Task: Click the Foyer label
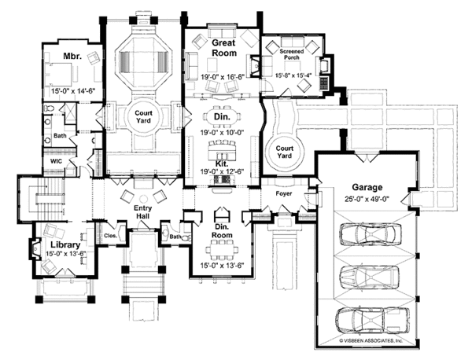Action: (283, 193)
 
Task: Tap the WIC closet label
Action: (57, 161)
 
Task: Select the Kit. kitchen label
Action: (221, 163)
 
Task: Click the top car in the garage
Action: (366, 235)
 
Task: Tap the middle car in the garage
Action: (366, 277)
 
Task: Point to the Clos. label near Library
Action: (109, 235)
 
